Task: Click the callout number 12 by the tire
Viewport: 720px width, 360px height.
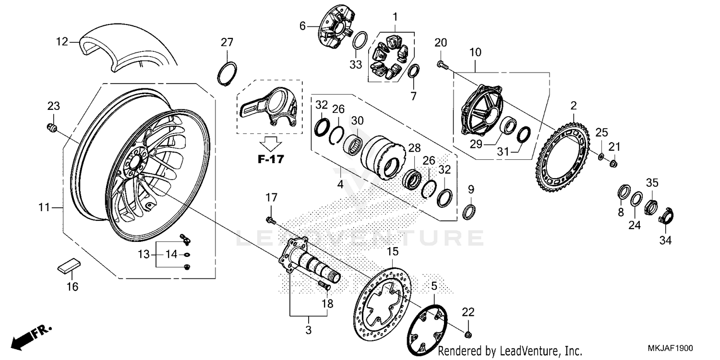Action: coord(61,42)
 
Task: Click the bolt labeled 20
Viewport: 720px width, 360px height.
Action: coord(442,65)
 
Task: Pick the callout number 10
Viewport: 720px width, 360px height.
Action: coord(475,52)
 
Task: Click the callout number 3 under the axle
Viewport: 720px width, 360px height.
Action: coord(309,330)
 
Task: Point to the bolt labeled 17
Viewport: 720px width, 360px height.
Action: coord(270,220)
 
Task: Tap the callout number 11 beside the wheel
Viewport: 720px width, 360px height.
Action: coord(44,208)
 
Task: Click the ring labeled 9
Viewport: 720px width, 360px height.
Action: coord(470,211)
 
